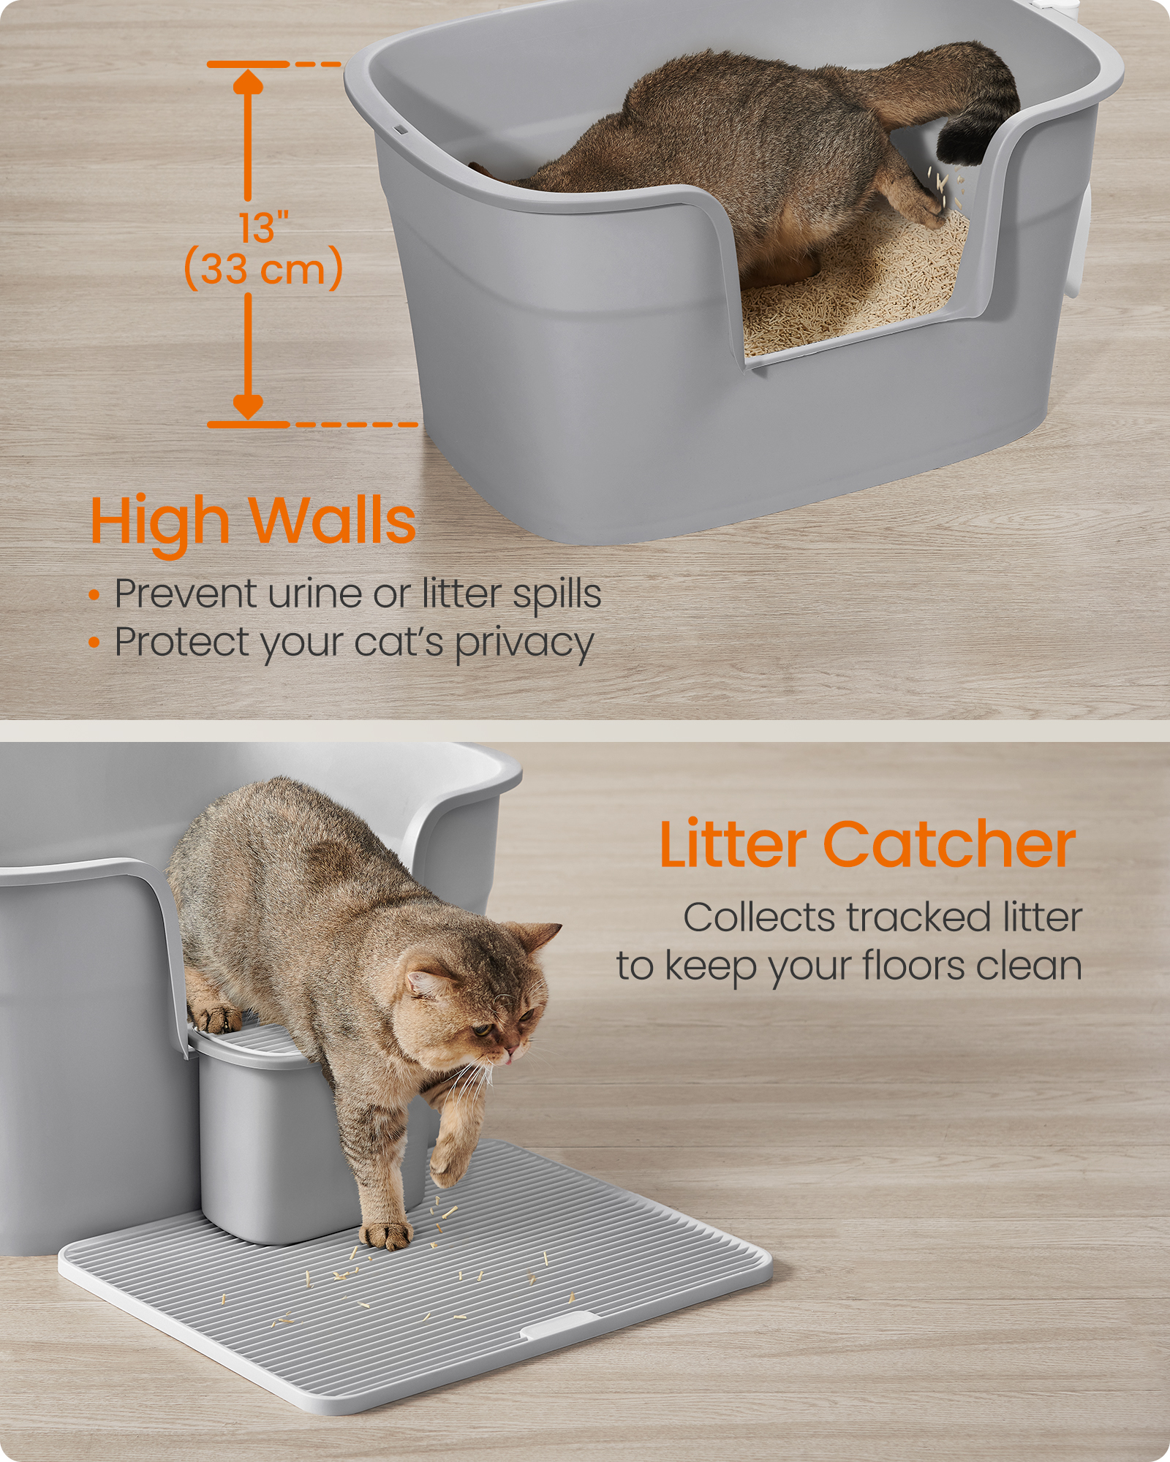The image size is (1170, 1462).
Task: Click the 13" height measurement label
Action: pos(264,228)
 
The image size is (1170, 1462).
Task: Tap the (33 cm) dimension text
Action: pos(263,268)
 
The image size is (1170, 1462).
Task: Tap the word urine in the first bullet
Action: pos(316,594)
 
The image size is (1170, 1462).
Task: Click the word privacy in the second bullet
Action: pos(524,645)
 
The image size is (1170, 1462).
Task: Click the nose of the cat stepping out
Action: pos(510,1053)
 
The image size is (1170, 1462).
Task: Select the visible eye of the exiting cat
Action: pos(480,1030)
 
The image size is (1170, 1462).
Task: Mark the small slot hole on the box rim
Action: pos(401,131)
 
